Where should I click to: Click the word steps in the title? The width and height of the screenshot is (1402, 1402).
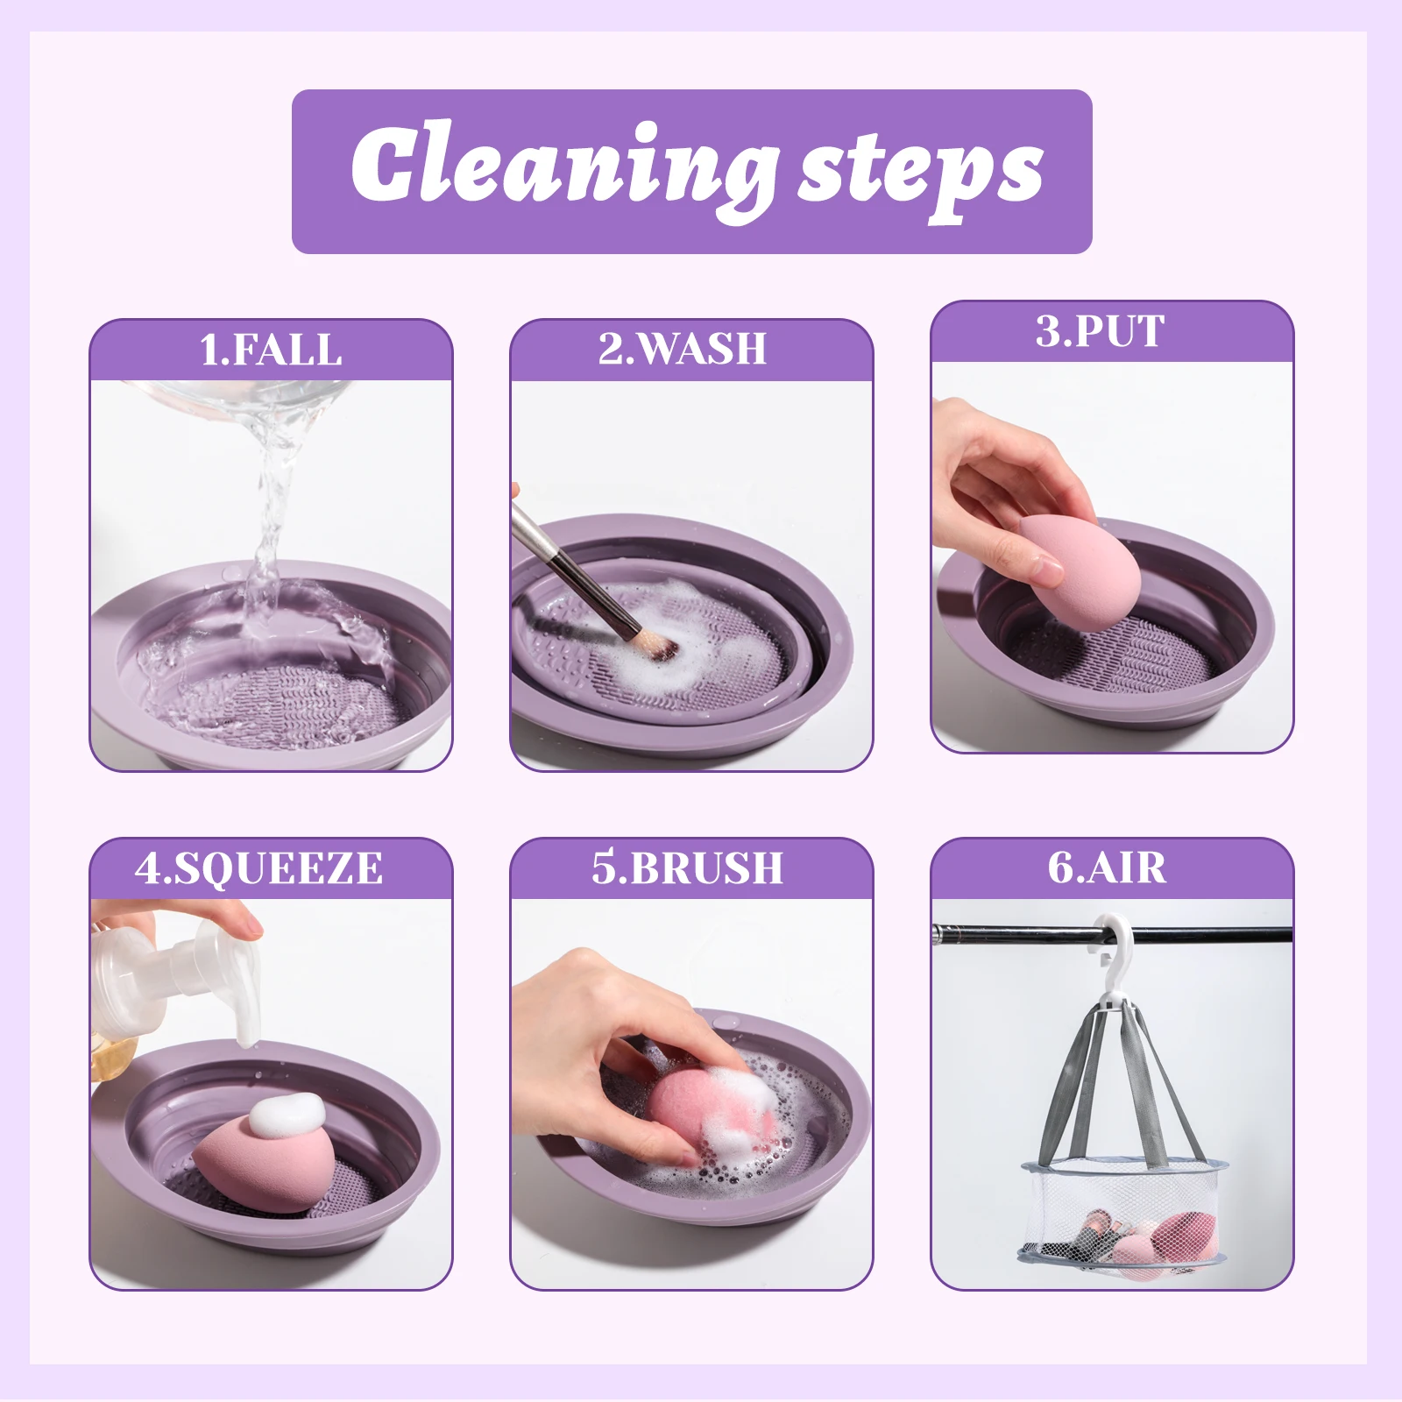coord(920,172)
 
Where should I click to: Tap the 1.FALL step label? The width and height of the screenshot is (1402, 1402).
coord(271,350)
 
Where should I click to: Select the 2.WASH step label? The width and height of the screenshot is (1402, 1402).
coord(683,349)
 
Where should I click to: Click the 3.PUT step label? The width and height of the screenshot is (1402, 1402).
coord(1101,331)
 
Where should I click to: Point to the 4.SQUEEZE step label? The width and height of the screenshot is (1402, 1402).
coord(258,868)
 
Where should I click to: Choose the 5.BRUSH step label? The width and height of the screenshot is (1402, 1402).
coord(687,867)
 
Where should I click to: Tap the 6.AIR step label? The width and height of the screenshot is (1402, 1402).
coord(1107,867)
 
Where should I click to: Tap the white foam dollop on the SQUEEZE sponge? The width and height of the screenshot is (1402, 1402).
coord(287,1115)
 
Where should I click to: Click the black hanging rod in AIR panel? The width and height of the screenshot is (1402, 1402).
coord(1008,935)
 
